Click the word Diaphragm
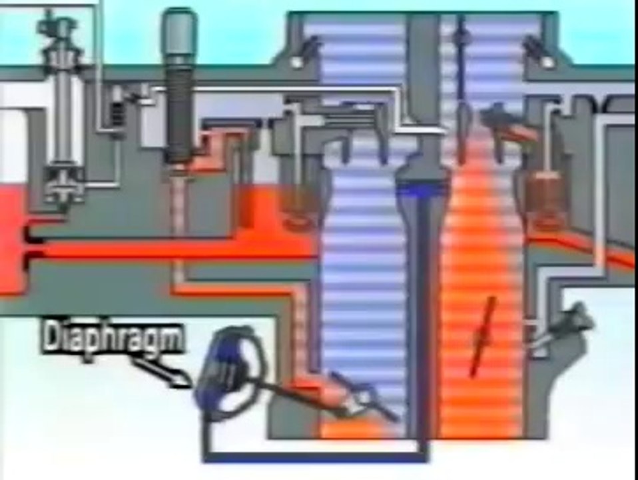coord(112,338)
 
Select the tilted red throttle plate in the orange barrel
coord(483,337)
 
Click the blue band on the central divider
coord(423,190)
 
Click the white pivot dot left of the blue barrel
coord(296,62)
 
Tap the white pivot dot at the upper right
coord(547,62)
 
